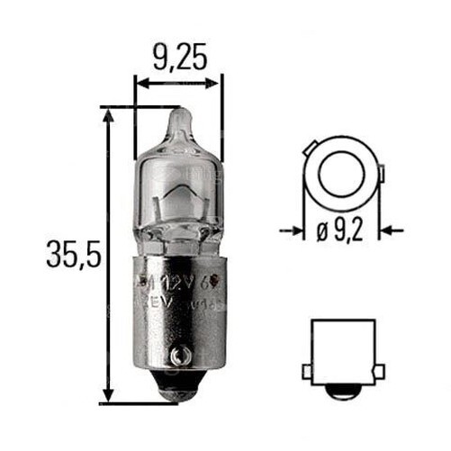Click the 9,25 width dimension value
pos(178,59)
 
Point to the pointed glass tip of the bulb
pos(180,117)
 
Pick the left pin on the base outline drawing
pos(307,371)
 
